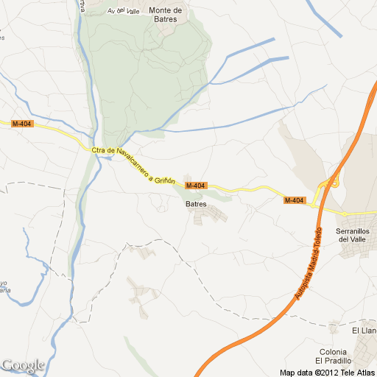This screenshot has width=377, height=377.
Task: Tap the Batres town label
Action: [195, 204]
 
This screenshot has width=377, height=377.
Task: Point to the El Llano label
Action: [364, 322]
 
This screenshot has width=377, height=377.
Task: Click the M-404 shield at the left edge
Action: [21, 124]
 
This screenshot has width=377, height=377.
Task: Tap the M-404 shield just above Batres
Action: [195, 185]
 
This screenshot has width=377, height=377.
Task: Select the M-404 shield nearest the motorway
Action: [295, 200]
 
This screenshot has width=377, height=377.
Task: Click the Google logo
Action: [23, 364]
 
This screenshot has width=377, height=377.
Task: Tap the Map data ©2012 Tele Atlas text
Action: [327, 372]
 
